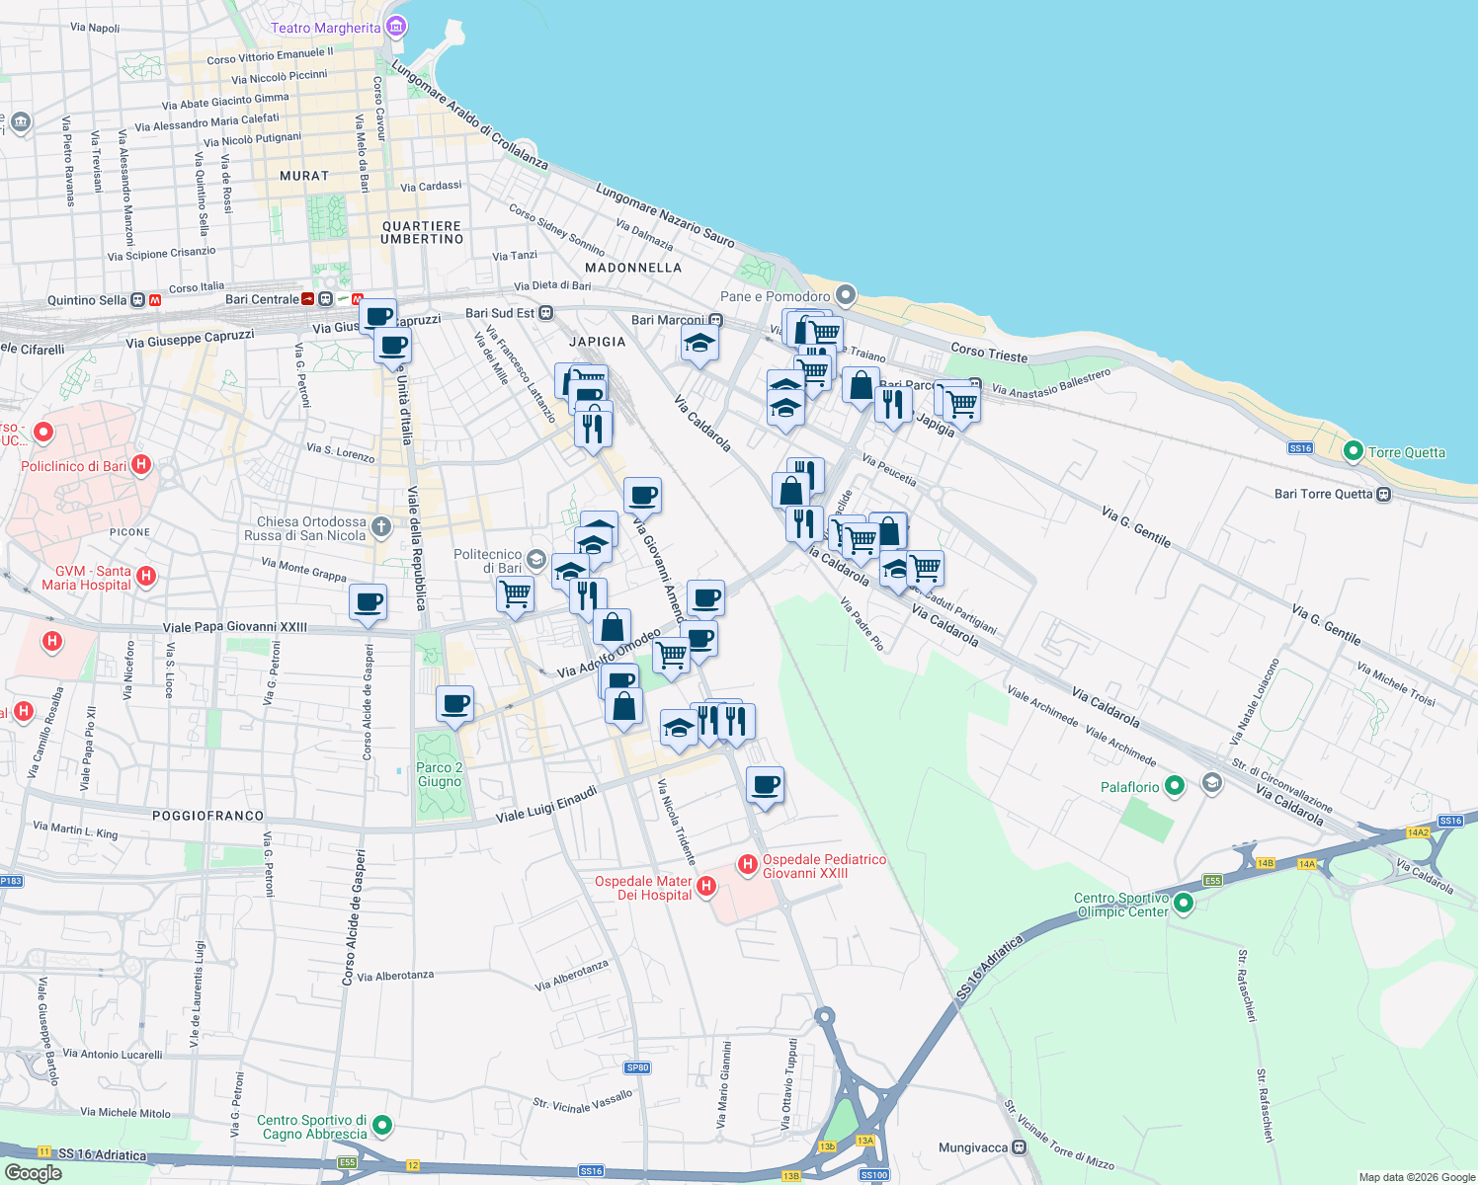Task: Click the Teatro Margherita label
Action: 325,28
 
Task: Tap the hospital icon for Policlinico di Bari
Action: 141,464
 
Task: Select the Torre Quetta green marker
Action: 1353,451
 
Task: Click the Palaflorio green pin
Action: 1174,786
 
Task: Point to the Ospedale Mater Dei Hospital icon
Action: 705,886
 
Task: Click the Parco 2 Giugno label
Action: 439,774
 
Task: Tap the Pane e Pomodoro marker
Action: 845,294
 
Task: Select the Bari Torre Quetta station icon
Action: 1383,494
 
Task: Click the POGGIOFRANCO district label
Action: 207,816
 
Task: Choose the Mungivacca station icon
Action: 1019,1147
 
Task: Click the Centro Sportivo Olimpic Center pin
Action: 1184,903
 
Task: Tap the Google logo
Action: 33,1172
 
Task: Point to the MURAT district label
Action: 303,176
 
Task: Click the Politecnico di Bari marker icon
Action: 535,560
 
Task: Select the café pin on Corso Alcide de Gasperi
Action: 368,601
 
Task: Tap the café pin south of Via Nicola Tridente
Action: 765,785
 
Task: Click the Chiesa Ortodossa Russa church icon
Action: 382,528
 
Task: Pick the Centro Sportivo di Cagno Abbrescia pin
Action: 382,1125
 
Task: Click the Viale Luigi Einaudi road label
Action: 546,804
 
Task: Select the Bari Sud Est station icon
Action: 545,312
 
